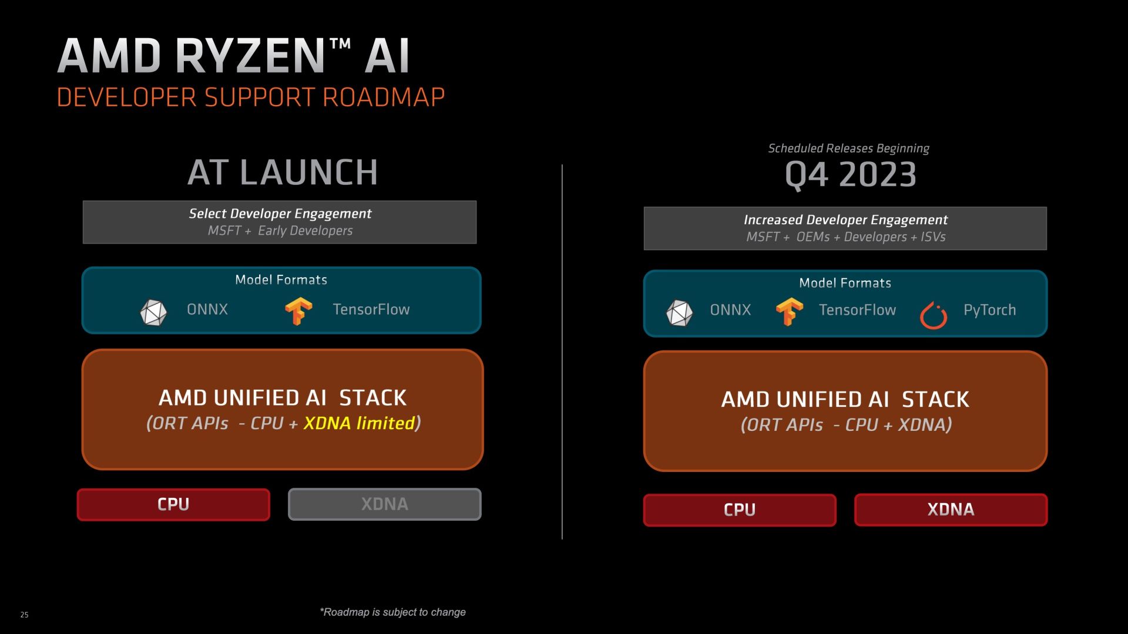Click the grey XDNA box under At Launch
coord(385,504)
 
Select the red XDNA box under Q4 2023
coord(951,510)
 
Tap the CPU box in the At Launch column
coord(173,504)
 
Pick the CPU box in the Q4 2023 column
coord(740,510)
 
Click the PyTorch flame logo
coord(934,315)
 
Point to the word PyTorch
coord(989,310)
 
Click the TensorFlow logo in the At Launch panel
coord(298,311)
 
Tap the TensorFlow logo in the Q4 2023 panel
coord(789,312)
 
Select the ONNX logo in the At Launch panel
coord(153,312)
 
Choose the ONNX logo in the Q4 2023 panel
coord(680,313)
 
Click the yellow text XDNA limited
coord(359,423)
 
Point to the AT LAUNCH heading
coord(283,173)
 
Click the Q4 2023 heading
coord(851,174)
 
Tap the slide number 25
coord(24,615)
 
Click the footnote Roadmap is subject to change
coord(392,612)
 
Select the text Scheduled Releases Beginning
coord(848,149)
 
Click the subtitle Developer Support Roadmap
coord(251,97)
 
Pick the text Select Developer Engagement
coord(280,214)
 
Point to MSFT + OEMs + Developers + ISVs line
coord(846,237)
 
